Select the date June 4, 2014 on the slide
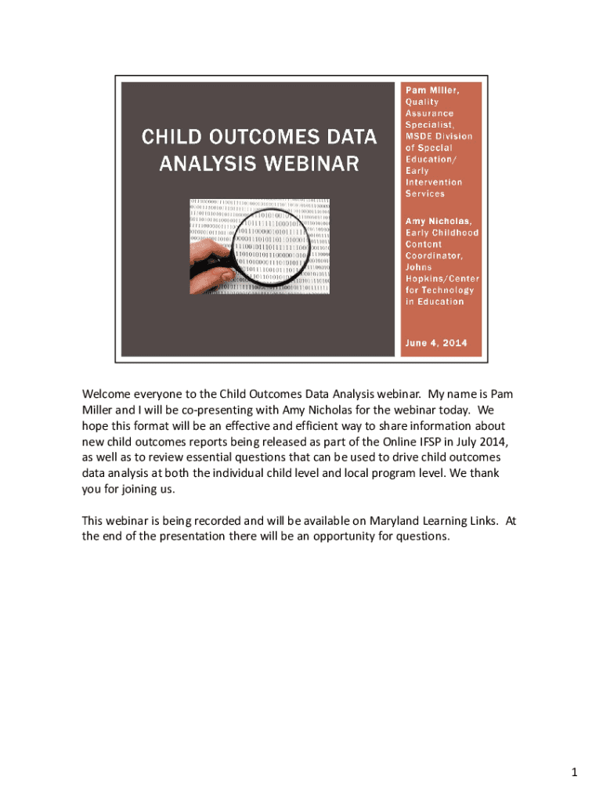pyautogui.click(x=435, y=342)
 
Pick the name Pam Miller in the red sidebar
pyautogui.click(x=431, y=91)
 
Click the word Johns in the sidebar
pyautogui.click(x=418, y=267)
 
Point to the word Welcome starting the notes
pyautogui.click(x=107, y=393)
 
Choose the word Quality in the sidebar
pyautogui.click(x=421, y=102)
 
